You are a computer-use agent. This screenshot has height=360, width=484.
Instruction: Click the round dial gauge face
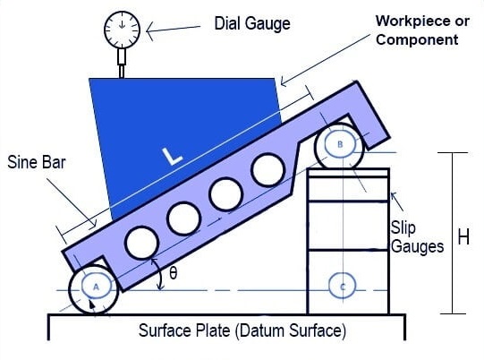pos(123,30)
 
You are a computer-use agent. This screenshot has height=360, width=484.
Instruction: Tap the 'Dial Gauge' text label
pos(252,24)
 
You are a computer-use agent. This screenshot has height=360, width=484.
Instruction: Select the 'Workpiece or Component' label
pos(422,30)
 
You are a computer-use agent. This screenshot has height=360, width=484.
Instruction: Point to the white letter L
pos(173,156)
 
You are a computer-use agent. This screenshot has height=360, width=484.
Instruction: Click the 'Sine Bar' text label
pos(37,162)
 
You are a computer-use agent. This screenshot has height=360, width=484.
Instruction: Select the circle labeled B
pos(340,144)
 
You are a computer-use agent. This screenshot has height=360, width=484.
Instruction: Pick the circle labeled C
pos(342,287)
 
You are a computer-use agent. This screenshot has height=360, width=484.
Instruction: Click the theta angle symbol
pos(174,273)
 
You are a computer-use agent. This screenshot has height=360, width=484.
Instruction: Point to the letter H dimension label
pos(463,237)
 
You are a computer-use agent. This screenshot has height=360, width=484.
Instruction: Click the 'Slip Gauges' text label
pos(417,236)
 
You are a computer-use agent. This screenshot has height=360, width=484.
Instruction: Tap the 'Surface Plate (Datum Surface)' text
pos(242,330)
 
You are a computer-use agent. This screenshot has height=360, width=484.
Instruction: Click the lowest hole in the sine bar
pos(142,243)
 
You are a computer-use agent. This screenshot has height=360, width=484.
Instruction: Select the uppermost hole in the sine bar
pos(267,169)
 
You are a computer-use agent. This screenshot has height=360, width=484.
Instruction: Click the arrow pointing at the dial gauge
pos(173,30)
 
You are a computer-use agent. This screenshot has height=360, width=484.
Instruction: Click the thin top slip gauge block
pos(348,173)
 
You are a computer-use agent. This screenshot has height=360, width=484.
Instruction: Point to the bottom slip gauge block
pos(348,282)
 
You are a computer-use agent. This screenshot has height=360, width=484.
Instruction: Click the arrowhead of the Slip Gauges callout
pos(393,195)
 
